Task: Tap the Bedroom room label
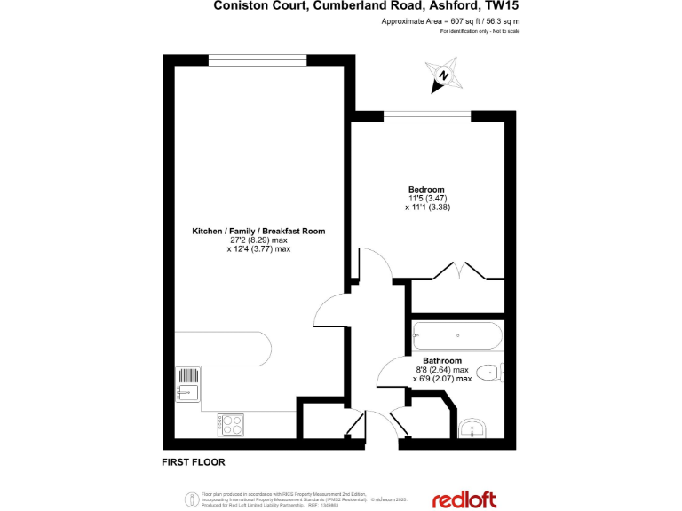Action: point(424,189)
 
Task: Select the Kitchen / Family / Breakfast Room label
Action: point(258,231)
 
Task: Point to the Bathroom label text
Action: point(441,360)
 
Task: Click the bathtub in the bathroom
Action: point(457,336)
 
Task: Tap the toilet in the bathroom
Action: point(489,373)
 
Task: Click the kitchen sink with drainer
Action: point(187,383)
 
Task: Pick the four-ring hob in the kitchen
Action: point(231,425)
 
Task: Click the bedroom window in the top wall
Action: point(432,114)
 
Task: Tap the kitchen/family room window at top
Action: point(258,59)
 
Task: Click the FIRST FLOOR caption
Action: point(193,462)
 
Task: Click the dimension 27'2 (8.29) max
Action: point(258,240)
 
